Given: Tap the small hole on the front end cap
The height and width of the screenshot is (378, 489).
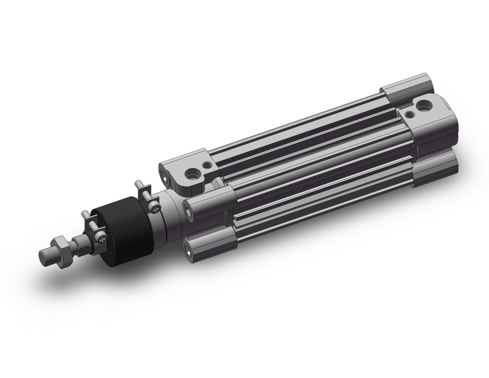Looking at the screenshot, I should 207,165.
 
